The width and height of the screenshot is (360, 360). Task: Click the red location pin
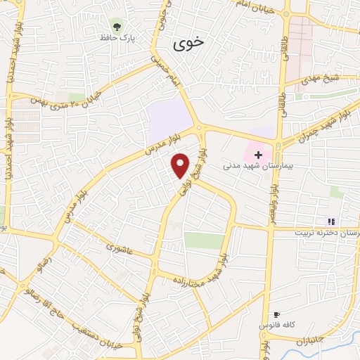tap(181, 165)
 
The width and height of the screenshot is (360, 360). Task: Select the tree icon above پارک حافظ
tap(115, 25)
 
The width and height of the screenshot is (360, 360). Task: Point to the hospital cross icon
tap(258, 154)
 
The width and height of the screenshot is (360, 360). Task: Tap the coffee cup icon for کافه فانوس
tap(276, 314)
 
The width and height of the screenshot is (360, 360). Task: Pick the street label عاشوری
tap(119, 247)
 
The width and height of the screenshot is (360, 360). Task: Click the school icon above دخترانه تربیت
tap(331, 221)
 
